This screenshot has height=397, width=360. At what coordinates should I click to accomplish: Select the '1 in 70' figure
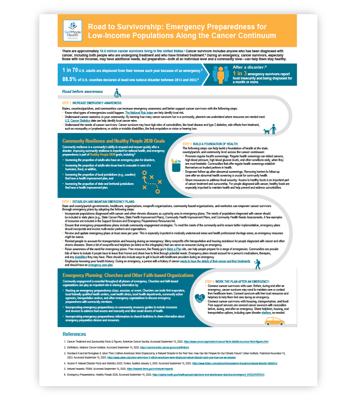(70, 70)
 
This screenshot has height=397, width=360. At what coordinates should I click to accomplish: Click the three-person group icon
(221, 74)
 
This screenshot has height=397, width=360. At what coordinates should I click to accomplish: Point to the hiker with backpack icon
(257, 264)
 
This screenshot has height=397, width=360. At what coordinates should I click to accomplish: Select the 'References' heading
(74, 334)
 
